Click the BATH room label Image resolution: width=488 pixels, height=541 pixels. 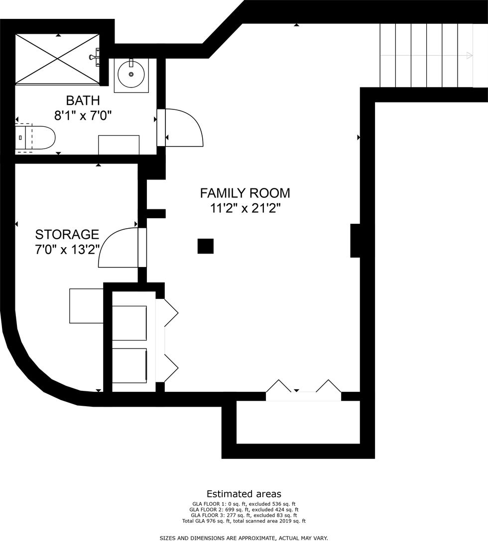click(x=83, y=100)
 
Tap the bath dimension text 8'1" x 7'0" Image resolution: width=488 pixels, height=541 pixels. click(x=83, y=115)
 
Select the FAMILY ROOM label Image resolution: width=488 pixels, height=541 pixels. click(x=245, y=193)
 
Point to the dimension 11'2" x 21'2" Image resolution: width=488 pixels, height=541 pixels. click(x=245, y=208)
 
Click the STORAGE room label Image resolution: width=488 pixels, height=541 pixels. click(x=67, y=235)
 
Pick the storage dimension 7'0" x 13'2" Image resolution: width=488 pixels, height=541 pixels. click(x=67, y=249)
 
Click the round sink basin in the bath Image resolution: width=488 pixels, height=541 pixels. click(x=131, y=74)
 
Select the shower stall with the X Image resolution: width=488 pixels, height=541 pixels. click(x=57, y=59)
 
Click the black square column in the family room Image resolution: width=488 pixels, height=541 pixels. click(x=205, y=246)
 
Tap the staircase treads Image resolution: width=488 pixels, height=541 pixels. click(x=426, y=55)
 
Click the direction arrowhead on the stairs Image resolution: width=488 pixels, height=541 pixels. click(x=470, y=55)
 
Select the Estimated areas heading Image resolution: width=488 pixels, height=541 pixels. click(x=244, y=494)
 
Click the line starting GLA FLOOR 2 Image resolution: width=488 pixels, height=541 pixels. click(x=244, y=510)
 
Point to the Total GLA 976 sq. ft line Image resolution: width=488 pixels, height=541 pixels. click(x=244, y=521)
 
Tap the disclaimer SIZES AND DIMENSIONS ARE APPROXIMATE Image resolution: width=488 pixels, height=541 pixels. click(x=244, y=538)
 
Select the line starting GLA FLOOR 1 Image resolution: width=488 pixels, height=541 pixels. click(x=244, y=504)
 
